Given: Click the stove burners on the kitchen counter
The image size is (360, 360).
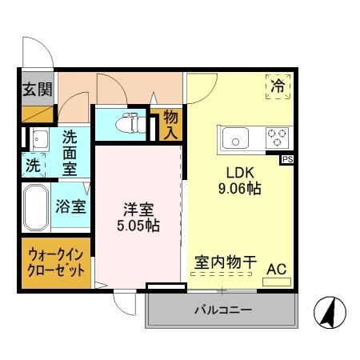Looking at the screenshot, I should coord(278,137).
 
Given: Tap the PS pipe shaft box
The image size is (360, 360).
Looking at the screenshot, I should coord(287,159).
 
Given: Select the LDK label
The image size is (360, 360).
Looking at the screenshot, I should coord(239,172).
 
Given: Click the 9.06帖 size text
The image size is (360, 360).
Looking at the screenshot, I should coord(239,190).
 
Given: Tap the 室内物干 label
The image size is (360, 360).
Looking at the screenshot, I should coord(226,262).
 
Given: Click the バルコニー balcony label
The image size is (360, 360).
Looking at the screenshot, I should coord(222,309).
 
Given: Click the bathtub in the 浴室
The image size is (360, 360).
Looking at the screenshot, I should coord(36,207).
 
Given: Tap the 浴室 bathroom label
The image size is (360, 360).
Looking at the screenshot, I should coord(70,206).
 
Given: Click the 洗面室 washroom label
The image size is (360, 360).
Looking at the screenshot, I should coord(70,152).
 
